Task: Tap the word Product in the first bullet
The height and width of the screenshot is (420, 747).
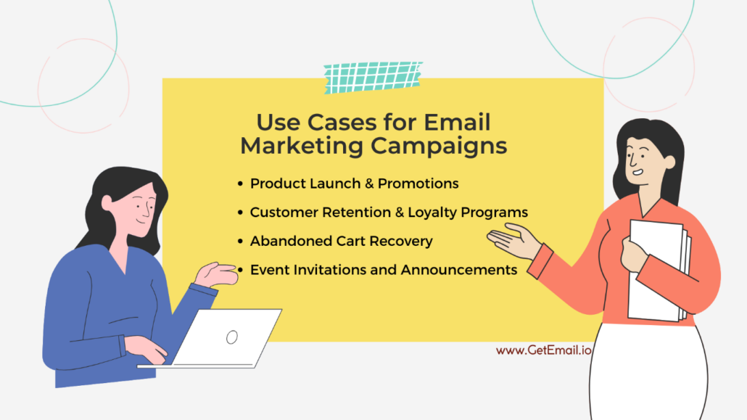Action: point(276,184)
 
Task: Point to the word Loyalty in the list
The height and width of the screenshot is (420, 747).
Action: point(424,213)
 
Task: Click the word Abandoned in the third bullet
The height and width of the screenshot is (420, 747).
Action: point(285,241)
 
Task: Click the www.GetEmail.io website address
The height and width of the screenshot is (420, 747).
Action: point(544,350)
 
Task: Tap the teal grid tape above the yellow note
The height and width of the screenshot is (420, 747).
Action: point(373,76)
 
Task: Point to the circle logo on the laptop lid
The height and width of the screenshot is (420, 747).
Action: point(232,337)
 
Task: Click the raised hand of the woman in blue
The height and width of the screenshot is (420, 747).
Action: point(216,273)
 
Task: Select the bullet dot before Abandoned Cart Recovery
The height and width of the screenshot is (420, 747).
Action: point(240,242)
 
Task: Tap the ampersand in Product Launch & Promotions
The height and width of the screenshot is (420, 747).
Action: point(370,184)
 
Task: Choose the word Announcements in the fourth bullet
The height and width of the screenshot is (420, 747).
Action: point(459,270)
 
